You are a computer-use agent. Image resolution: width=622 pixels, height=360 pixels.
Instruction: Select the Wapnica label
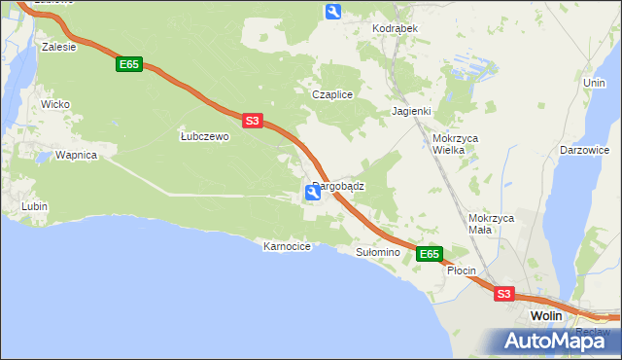point(76,155)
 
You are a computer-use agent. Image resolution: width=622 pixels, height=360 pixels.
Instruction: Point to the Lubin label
point(35,206)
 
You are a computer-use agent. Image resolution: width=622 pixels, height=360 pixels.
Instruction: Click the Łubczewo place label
point(204,137)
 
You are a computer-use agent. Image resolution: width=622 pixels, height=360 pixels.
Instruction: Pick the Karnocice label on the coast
point(287,246)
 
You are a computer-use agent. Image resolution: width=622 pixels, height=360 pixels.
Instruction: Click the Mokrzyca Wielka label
point(456,145)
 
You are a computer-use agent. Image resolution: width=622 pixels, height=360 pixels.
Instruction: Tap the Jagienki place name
point(411,111)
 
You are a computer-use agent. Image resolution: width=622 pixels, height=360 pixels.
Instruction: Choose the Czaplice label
point(331,94)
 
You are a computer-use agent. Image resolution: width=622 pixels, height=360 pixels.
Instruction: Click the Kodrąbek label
point(395,28)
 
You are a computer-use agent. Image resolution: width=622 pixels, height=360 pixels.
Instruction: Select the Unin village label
point(594,84)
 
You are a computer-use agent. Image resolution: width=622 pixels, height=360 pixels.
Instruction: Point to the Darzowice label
point(585,151)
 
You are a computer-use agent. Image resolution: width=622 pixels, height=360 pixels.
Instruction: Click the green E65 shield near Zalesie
point(129,64)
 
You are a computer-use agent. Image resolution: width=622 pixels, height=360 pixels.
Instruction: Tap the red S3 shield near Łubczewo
point(252,121)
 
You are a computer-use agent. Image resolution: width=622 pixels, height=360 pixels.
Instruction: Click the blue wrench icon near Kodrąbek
point(333,12)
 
